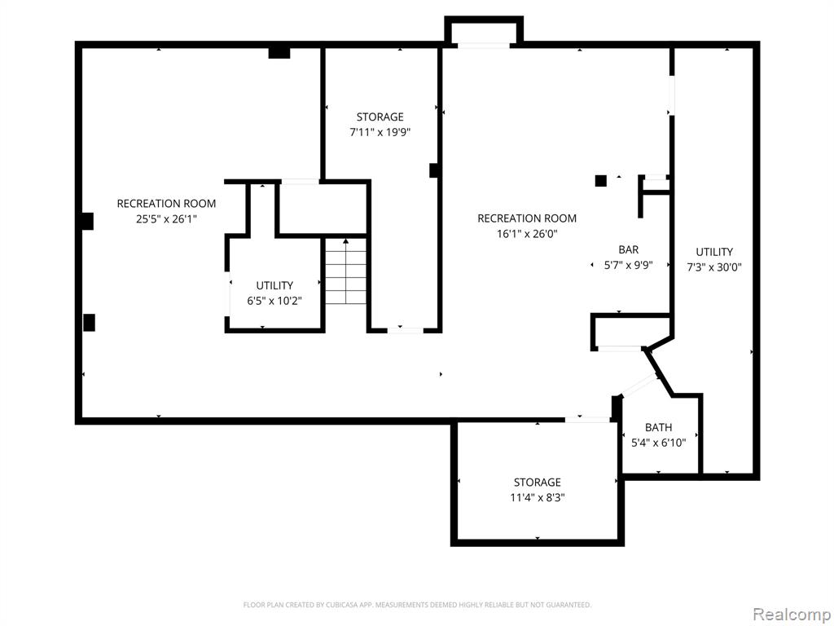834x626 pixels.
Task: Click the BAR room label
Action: (x=628, y=249)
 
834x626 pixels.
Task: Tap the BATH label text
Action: (x=658, y=427)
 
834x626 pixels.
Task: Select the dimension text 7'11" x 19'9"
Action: (x=380, y=133)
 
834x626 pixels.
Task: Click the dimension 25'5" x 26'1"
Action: (x=166, y=218)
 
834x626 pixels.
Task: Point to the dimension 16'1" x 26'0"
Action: (x=527, y=234)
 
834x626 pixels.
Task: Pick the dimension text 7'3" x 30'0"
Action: (x=713, y=267)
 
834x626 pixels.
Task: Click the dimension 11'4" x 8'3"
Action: (x=538, y=498)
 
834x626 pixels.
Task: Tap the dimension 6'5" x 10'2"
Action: (x=274, y=301)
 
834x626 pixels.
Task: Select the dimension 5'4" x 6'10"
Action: (x=658, y=443)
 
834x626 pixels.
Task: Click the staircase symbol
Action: (x=345, y=271)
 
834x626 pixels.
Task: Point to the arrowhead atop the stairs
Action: (x=345, y=241)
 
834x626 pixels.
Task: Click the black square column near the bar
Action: (x=600, y=181)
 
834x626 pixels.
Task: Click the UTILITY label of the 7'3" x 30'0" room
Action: (x=714, y=252)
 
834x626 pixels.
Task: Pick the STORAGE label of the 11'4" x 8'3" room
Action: (x=538, y=483)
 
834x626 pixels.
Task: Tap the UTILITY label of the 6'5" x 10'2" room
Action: (x=274, y=285)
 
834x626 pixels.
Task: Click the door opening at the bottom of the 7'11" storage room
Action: (x=406, y=331)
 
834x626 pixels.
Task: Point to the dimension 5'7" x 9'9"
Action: (x=628, y=265)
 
